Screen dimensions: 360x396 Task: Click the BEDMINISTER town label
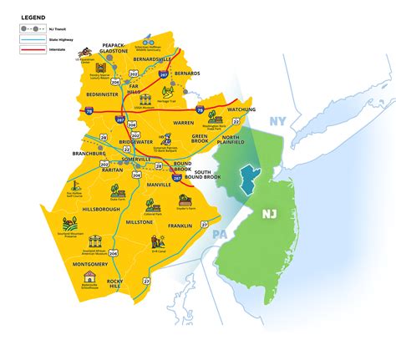[x=104, y=97]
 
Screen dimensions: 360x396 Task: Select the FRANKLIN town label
[x=179, y=226]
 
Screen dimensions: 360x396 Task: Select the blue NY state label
[x=277, y=123]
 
